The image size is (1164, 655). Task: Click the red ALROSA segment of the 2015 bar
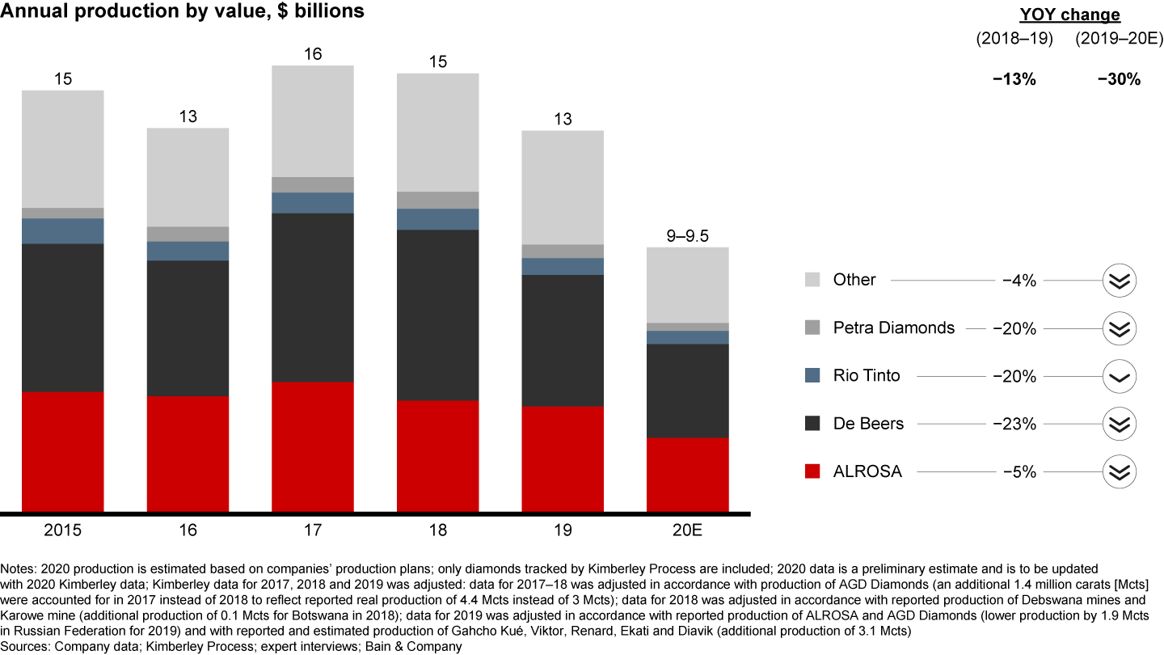pyautogui.click(x=62, y=451)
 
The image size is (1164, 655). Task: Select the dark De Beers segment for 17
pyautogui.click(x=313, y=297)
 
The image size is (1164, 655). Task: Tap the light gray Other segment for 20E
pyautogui.click(x=688, y=285)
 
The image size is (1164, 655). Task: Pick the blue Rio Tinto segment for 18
pyautogui.click(x=438, y=219)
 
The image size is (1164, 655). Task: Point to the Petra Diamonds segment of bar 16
pyautogui.click(x=188, y=234)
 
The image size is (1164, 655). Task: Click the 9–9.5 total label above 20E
pyautogui.click(x=688, y=235)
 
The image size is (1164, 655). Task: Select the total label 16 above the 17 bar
pyautogui.click(x=313, y=54)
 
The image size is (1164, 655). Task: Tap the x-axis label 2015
pyautogui.click(x=62, y=530)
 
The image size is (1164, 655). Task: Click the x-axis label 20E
pyautogui.click(x=688, y=530)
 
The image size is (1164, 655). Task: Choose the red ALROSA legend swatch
pyautogui.click(x=813, y=471)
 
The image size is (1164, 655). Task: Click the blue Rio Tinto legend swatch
pyautogui.click(x=813, y=375)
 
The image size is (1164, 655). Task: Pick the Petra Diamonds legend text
pyautogui.click(x=894, y=327)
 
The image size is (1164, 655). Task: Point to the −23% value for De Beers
pyautogui.click(x=1018, y=424)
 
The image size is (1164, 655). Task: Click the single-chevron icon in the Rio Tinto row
pyautogui.click(x=1120, y=376)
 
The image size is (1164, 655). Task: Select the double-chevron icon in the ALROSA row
pyautogui.click(x=1120, y=471)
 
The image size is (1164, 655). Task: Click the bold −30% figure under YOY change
pyautogui.click(x=1119, y=79)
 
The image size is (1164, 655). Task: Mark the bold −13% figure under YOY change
pyautogui.click(x=1014, y=79)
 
